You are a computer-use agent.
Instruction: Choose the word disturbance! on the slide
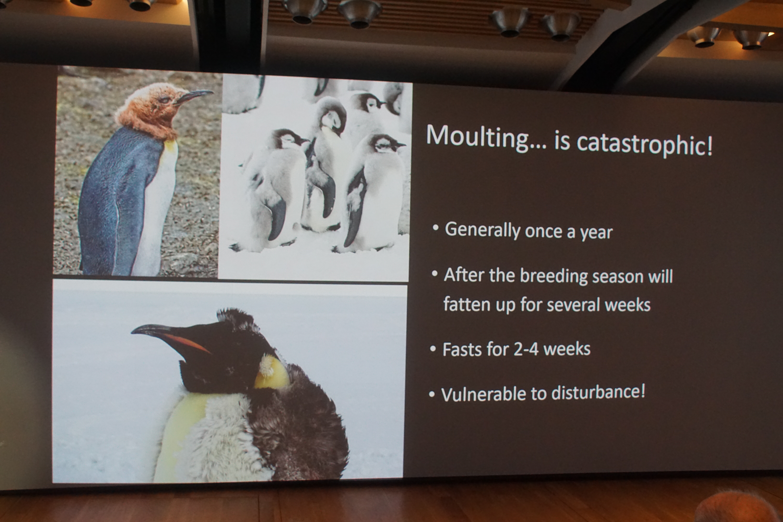(x=598, y=392)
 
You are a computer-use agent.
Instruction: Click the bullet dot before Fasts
(x=433, y=349)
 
